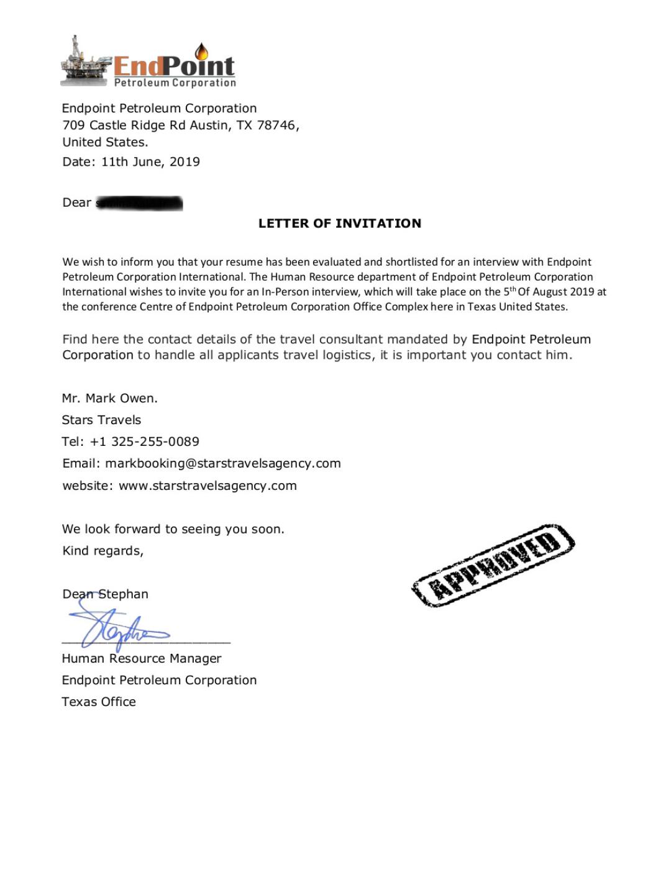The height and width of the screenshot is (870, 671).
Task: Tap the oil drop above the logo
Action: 201,51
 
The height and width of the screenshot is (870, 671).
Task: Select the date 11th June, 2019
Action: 150,162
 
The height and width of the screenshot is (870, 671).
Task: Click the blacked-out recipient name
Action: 139,203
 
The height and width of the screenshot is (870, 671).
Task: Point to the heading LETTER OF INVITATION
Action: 340,224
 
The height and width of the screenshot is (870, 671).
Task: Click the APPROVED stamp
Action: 493,565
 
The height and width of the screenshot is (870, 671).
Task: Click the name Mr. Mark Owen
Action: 110,399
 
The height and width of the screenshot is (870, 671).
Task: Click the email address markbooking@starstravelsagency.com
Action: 223,464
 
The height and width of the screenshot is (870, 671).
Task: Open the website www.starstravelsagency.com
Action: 208,486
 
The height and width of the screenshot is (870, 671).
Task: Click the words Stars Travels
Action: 101,420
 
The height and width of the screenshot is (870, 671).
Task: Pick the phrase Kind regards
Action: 103,551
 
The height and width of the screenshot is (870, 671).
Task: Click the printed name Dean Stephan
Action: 106,594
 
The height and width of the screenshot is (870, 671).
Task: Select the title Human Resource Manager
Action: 142,659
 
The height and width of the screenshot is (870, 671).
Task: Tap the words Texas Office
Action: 99,702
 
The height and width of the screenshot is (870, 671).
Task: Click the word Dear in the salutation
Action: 77,203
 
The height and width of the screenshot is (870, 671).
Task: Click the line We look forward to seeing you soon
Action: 173,530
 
